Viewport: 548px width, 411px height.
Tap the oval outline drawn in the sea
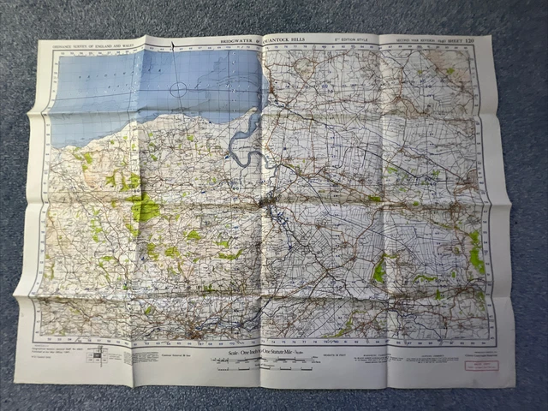click(178, 89)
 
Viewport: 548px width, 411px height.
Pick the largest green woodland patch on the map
click(144, 208)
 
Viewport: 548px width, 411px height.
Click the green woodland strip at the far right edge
click(476, 253)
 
